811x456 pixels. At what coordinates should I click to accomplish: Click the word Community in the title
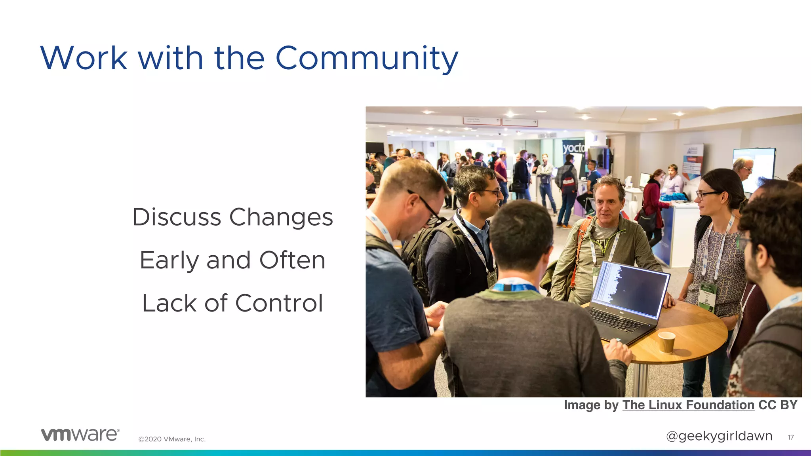click(366, 59)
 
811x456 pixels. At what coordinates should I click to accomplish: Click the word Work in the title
click(84, 59)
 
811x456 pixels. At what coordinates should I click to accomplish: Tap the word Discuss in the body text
click(176, 217)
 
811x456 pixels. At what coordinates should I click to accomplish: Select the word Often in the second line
click(292, 260)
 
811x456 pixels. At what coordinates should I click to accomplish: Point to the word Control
click(279, 303)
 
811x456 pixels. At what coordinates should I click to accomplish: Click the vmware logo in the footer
click(80, 435)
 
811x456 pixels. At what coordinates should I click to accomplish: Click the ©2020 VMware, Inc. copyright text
click(172, 439)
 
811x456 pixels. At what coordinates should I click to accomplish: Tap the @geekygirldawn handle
click(719, 436)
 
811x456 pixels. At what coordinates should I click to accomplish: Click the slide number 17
click(790, 437)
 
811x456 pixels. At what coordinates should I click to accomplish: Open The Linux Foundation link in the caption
click(688, 405)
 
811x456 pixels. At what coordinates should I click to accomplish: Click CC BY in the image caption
click(778, 405)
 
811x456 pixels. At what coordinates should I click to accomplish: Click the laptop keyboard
click(616, 320)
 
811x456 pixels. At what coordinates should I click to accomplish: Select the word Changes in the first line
click(281, 217)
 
